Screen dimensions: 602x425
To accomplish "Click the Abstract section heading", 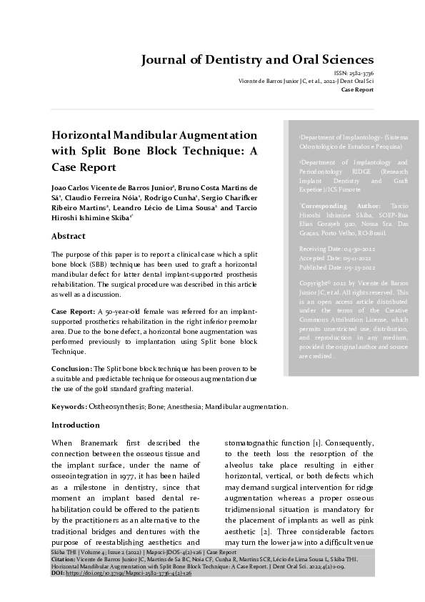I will pos(69,236).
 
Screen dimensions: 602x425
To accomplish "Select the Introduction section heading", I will pos(76,425).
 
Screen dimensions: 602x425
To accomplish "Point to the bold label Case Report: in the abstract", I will pos(72,312).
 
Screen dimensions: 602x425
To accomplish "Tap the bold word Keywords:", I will pos(69,406).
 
